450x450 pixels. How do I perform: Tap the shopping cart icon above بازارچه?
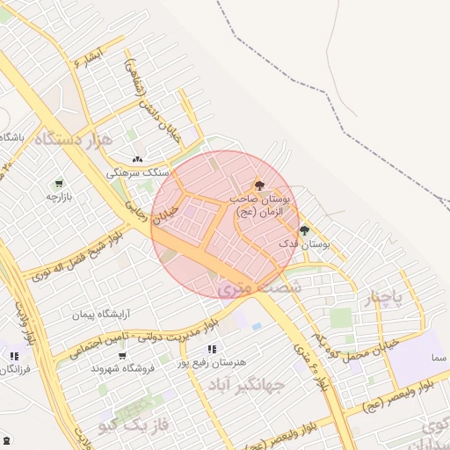58,184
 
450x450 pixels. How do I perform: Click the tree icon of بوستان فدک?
304,230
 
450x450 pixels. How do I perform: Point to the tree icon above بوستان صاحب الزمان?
258,185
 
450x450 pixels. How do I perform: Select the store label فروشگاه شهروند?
123,368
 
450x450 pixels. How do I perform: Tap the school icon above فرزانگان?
13,356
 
